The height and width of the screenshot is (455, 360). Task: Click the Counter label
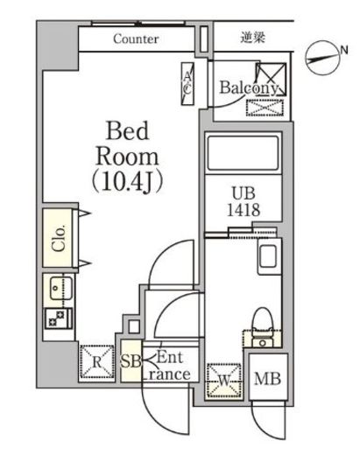(x=136, y=38)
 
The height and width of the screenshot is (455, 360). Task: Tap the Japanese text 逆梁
(x=253, y=38)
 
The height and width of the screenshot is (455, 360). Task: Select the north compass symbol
(x=322, y=58)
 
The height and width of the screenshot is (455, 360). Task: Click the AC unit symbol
(x=187, y=84)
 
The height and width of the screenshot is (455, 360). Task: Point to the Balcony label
(x=249, y=87)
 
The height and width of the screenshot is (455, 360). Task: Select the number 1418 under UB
(x=244, y=209)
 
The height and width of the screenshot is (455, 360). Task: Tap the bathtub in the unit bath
(x=243, y=153)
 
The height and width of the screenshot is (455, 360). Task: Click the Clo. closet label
(x=59, y=238)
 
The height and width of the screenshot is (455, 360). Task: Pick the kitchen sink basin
(x=60, y=288)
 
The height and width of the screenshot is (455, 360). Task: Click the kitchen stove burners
(x=59, y=318)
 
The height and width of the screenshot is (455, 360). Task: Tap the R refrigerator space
(x=97, y=362)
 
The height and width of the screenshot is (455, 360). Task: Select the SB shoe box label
(x=131, y=361)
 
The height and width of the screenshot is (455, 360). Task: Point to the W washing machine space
(x=224, y=381)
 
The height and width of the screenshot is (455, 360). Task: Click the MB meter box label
(x=267, y=379)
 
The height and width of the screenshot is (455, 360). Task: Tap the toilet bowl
(x=263, y=320)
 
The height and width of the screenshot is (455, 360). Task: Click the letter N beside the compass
(x=344, y=50)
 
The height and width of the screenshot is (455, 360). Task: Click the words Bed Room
(x=128, y=144)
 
